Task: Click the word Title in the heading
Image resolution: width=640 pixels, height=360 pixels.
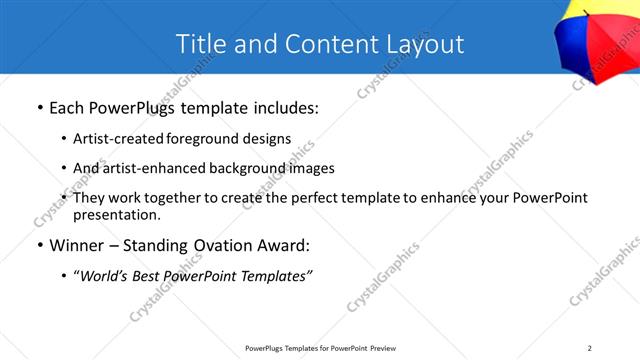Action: (x=201, y=44)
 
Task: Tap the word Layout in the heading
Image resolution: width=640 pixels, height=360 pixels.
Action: (x=426, y=44)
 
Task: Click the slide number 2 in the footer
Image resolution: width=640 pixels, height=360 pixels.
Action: (x=589, y=348)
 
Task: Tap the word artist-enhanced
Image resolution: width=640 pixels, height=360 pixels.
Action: (x=140, y=168)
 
